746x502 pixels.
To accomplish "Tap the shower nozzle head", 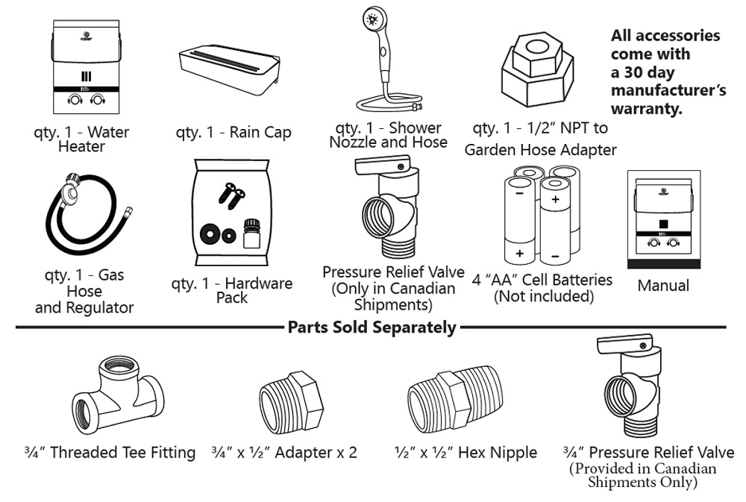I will (371, 21).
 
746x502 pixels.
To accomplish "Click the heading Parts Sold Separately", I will (372, 327).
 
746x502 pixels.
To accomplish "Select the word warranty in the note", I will (648, 108).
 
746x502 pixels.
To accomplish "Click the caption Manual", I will (663, 285).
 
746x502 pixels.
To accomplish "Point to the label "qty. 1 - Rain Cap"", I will (233, 133).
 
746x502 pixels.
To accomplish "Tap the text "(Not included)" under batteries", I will (543, 296).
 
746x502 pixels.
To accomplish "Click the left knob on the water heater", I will (75, 99).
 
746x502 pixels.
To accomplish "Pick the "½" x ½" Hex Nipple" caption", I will (466, 453).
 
